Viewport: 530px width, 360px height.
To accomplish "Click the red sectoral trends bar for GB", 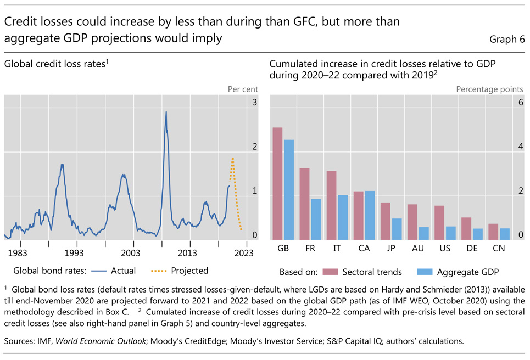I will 278,184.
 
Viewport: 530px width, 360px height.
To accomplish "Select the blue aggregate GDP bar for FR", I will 315,219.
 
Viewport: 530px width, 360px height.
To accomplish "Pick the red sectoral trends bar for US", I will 439,223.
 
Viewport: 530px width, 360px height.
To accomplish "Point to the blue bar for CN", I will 505,234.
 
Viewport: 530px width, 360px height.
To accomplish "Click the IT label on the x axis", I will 337,248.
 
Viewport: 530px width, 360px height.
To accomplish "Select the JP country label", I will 391,248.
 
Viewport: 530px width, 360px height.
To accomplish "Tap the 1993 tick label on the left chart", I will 74,253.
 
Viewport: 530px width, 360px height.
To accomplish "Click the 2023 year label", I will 244,253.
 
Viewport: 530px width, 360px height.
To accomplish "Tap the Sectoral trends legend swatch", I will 329,271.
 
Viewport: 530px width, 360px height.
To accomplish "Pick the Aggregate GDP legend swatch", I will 425,271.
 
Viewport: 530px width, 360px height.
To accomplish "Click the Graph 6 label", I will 507,39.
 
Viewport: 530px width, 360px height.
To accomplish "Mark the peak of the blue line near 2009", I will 166,112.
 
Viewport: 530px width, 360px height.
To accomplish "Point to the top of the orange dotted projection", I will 232,158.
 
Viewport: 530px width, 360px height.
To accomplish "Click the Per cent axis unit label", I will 243,89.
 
